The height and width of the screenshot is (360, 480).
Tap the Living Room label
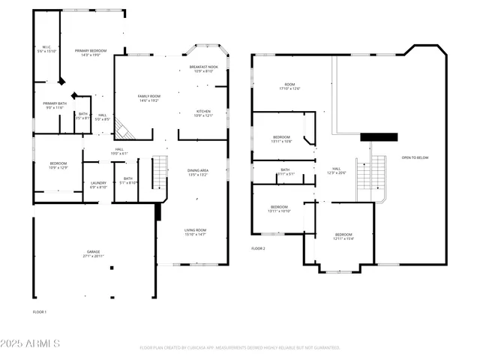coord(195,232)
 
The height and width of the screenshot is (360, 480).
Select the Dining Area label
coord(198,172)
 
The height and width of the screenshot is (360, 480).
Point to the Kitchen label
coord(204,113)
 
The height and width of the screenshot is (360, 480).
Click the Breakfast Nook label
coord(204,69)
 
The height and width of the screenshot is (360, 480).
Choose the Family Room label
coord(148,98)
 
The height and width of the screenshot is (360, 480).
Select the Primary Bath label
coord(55,105)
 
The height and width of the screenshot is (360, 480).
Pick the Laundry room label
coord(98,184)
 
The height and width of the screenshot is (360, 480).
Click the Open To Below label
coord(415,157)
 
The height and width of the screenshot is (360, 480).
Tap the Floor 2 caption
coord(258,248)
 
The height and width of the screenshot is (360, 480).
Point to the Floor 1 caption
coord(39,311)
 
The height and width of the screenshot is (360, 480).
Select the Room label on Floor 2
coord(289,86)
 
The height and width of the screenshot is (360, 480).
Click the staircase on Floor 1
coord(160,173)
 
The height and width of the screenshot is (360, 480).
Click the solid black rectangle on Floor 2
coord(378,137)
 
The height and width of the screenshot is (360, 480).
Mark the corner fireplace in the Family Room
coord(124,133)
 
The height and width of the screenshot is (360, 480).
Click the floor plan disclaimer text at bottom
coord(239,348)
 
